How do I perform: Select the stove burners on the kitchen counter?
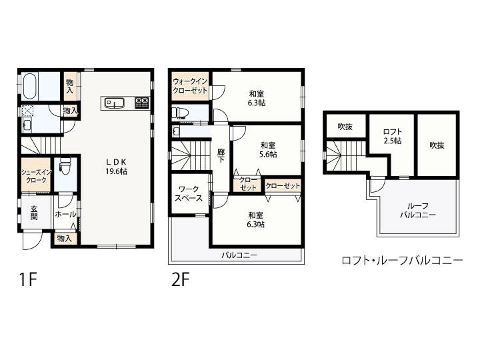click(x=142, y=103)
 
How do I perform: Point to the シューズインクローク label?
click(x=35, y=175)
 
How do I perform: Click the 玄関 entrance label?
click(x=34, y=214)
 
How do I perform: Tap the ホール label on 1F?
click(x=65, y=214)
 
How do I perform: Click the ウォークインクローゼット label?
click(x=190, y=86)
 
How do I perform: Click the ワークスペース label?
click(x=189, y=194)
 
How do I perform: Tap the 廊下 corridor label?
click(x=221, y=155)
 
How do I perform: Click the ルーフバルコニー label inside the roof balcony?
click(x=418, y=211)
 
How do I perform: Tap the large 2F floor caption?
click(x=181, y=279)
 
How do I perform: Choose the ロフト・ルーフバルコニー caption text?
click(x=401, y=261)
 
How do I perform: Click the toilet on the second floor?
click(x=181, y=113)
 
